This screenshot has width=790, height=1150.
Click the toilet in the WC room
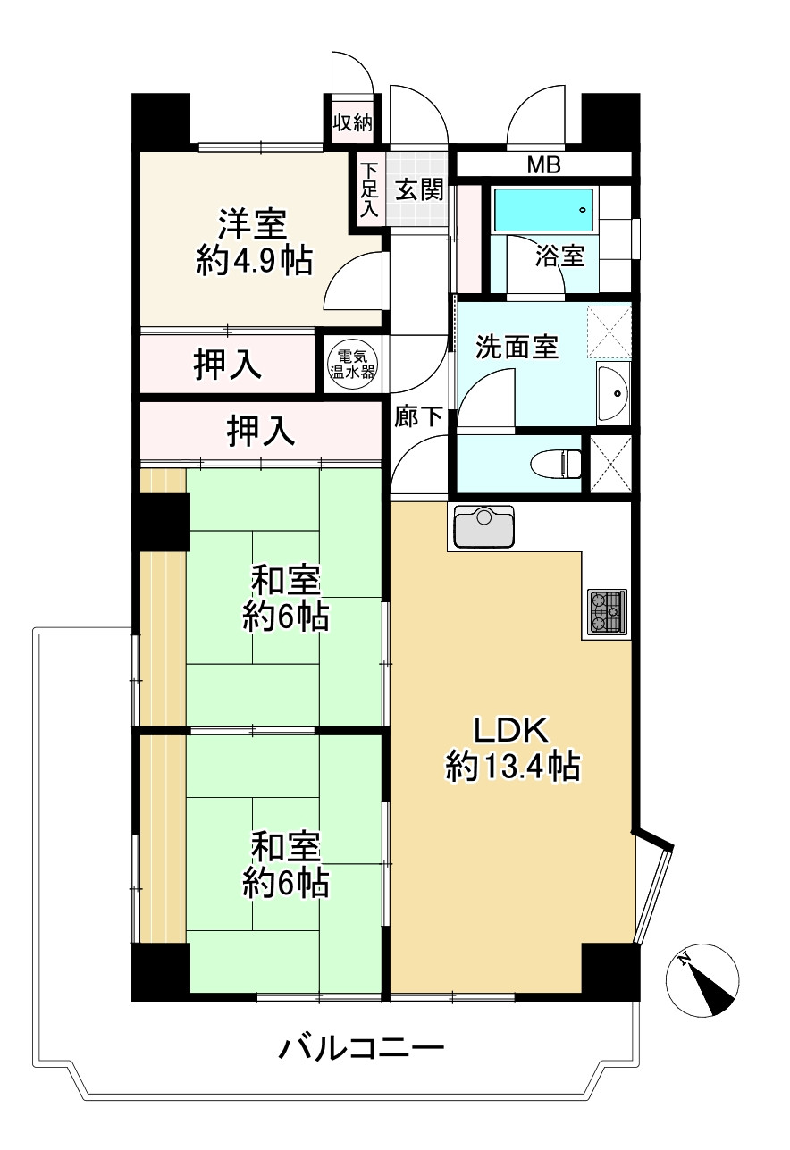[557, 464]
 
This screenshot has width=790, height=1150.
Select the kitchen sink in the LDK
[484, 526]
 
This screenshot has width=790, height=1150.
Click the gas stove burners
[608, 611]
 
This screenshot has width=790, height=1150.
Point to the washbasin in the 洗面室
[615, 393]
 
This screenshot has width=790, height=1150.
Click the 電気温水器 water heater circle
[352, 364]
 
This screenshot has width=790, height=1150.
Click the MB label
[544, 165]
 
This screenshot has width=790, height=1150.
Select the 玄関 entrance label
[419, 191]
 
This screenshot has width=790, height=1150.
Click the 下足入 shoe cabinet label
[368, 190]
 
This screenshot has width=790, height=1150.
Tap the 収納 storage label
[352, 123]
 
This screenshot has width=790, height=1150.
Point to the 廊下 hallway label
[419, 416]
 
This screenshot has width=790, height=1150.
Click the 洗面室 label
[517, 347]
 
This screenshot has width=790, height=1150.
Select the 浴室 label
[559, 256]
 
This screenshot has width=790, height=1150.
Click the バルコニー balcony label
[361, 1049]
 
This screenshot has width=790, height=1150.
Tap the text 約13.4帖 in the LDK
[513, 767]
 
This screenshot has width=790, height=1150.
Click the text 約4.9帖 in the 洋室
[254, 261]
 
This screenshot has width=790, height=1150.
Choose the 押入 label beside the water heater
[227, 365]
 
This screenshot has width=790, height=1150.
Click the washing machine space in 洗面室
[609, 331]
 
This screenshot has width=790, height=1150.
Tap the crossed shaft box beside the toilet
[611, 464]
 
